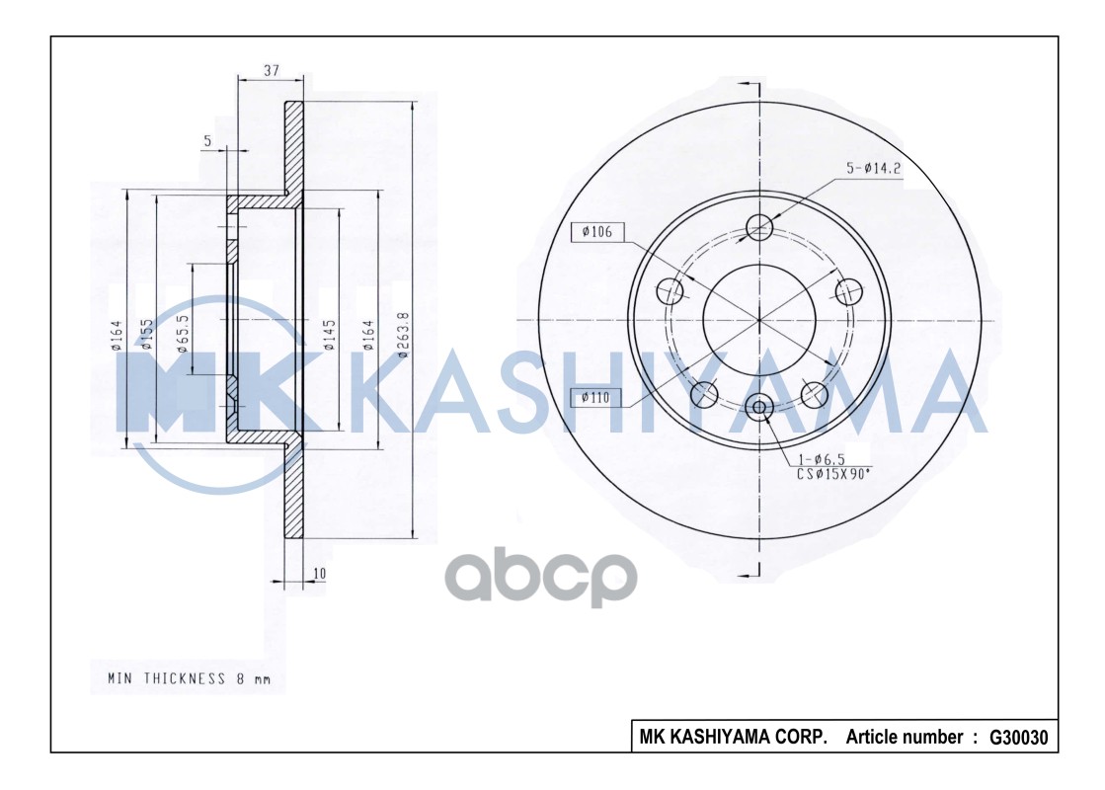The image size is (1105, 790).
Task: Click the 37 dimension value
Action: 272,70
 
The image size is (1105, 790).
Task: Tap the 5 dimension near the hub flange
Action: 207,141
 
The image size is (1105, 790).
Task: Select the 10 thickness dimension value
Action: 319,573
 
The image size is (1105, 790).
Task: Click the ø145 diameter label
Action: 330,334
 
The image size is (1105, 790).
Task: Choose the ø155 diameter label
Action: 146,336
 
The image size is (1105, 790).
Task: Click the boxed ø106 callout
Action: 597,232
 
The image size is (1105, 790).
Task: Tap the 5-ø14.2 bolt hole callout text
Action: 874,168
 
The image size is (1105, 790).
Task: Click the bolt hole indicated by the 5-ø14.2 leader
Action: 759,226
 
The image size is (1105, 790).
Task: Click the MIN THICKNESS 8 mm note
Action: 189,678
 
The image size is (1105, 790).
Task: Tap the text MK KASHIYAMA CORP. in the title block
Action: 734,738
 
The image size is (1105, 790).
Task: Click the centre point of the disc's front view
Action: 759,320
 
